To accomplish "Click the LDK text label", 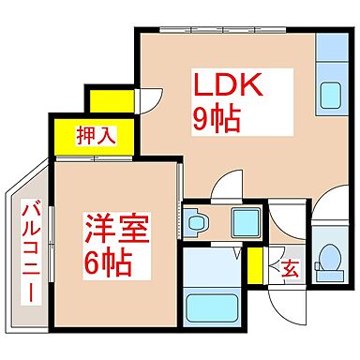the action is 231,86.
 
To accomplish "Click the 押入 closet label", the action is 97,135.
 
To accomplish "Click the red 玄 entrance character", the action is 290,269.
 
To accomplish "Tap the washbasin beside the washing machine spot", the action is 196,222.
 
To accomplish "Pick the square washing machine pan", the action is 246,223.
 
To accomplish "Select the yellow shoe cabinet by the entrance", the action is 255,266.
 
